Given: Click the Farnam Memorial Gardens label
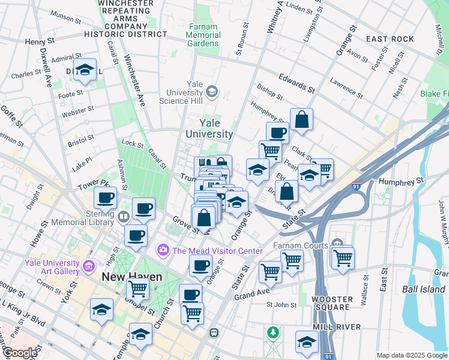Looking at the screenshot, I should coord(203,35).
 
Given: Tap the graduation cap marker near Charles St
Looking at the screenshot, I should coord(85,70).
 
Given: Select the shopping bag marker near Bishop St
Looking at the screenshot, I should coord(302,119).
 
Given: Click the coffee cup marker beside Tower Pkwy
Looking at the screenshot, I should coord(105,197).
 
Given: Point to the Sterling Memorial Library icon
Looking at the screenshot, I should coord(124,216).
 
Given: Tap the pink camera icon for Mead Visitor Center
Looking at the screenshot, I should coord(163,250).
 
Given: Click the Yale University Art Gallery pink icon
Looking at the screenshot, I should coord(88,265).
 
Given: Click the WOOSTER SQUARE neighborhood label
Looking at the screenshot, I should coord(331,303).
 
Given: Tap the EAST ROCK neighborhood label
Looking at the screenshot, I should coord(390,39).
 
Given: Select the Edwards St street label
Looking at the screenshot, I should coord(297,83).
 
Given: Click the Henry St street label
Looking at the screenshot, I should coord(40,42).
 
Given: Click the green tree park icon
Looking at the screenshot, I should coord(274,332).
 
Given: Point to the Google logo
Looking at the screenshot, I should coord(19,353).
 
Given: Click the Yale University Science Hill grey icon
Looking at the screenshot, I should coord(211,92).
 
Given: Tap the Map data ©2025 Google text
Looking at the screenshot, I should coord(411,355).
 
